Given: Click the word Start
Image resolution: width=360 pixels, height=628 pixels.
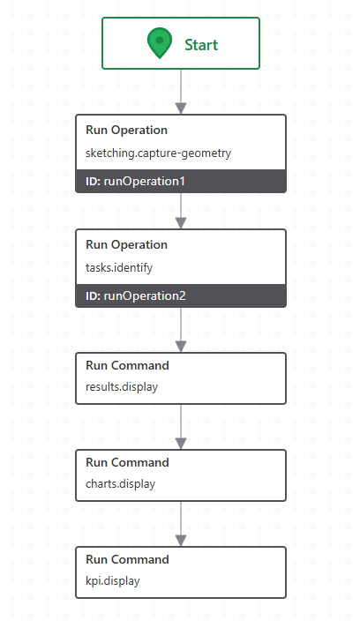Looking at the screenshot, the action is click(x=201, y=45).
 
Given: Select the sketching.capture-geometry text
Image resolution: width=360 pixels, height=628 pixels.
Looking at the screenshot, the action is click(x=158, y=153).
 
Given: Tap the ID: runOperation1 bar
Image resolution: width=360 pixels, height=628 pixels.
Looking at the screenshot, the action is click(x=181, y=181).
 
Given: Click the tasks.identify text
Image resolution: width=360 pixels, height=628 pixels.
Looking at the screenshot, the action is click(x=119, y=267).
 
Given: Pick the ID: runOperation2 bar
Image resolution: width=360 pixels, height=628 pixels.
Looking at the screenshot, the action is click(x=181, y=295).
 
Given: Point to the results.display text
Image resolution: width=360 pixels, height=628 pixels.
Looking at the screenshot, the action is click(x=122, y=387).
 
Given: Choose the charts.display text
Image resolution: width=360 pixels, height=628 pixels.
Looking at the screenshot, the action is click(x=120, y=484).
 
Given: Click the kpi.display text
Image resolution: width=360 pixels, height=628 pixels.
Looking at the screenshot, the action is click(x=113, y=580).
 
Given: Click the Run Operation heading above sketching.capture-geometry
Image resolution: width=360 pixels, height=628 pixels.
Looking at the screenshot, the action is click(x=126, y=131).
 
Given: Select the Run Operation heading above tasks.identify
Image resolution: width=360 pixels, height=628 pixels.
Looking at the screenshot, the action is click(x=126, y=244).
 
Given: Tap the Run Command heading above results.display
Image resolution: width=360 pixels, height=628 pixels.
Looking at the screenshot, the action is click(x=127, y=365).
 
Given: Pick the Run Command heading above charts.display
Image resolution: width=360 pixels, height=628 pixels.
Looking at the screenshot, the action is click(x=127, y=462).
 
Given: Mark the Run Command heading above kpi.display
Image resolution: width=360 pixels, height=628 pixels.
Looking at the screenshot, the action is click(x=127, y=559).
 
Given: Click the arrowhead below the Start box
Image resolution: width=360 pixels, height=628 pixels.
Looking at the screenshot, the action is click(x=181, y=108).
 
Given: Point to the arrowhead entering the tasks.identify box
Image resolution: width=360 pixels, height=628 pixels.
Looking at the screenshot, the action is click(x=181, y=223).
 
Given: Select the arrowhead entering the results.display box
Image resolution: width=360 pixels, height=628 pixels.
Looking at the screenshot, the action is click(x=181, y=347).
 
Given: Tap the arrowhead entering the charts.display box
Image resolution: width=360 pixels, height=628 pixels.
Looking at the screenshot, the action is click(x=181, y=444).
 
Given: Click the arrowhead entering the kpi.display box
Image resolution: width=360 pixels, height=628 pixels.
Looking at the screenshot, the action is click(x=181, y=541).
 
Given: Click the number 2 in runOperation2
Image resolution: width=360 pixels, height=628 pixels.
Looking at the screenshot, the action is click(x=182, y=296).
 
